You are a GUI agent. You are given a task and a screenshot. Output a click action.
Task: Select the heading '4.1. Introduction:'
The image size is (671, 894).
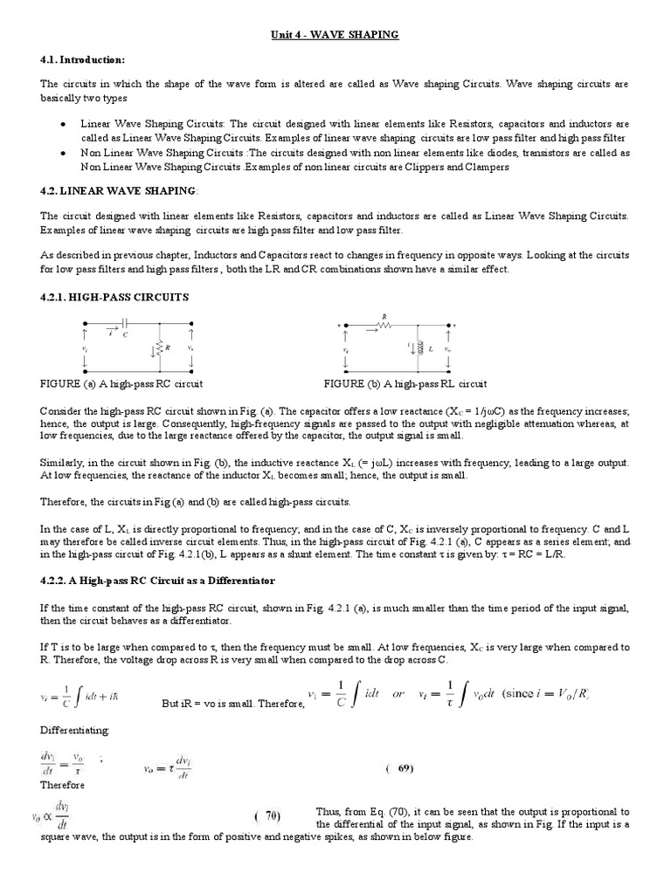pos(83,59)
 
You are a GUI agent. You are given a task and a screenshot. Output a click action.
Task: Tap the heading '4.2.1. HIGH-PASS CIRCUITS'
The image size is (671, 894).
pos(114,297)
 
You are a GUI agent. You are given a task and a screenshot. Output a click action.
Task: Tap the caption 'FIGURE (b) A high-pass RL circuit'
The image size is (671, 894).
pos(405,384)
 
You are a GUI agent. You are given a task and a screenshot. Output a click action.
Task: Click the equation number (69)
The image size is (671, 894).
pos(399,769)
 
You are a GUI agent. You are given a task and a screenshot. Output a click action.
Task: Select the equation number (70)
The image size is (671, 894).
pos(267,817)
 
